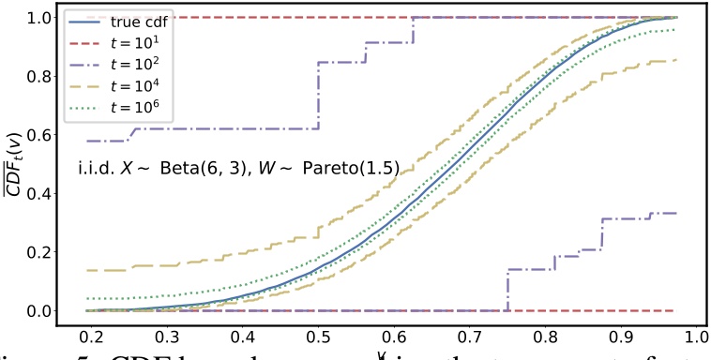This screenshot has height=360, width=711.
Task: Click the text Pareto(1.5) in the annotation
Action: tap(354, 170)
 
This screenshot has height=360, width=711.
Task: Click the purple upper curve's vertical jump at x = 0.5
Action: tap(319, 95)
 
